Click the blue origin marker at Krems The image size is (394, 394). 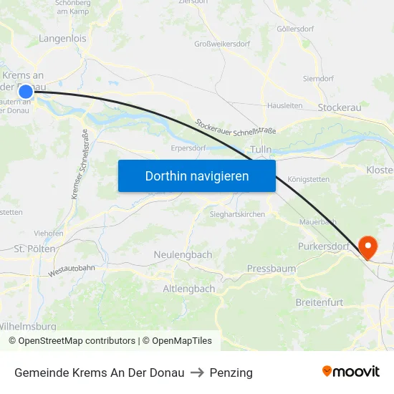pos(26,91)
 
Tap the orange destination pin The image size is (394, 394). pos(368,248)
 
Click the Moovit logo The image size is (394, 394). pos(350,371)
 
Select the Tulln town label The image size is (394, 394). pos(260,149)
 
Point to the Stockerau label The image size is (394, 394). pos(340,107)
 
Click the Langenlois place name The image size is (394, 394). pos(62,39)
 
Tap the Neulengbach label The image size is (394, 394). pos(183,254)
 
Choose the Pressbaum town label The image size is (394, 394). pos(271,269)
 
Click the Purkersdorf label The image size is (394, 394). pos(323,247)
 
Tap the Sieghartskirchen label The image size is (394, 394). pos(237,214)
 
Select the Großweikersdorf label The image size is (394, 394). pos(222,44)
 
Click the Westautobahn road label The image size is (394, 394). pos(72,270)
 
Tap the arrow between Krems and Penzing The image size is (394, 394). pos(196,373)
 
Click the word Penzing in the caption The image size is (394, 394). pos(231,373)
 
